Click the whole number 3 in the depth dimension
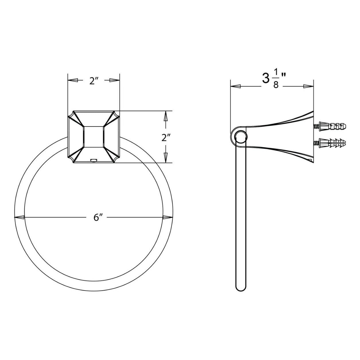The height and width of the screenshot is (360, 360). (265, 79)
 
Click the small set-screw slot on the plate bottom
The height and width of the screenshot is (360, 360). (94, 160)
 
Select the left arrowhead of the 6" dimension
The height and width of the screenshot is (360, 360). (20, 217)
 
